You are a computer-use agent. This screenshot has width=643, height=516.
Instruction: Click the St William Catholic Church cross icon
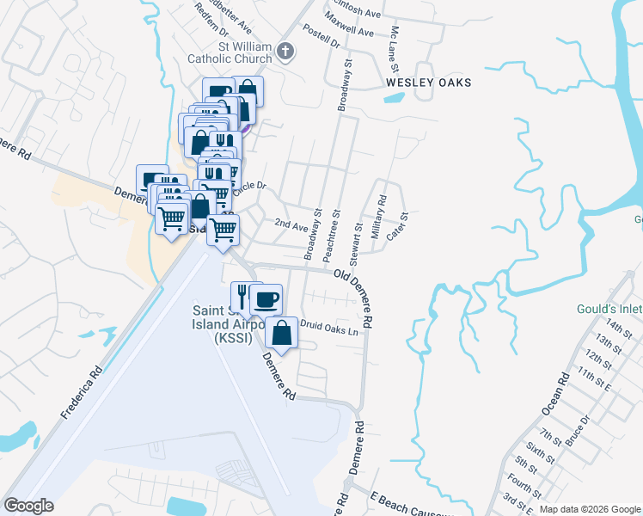coord(287,52)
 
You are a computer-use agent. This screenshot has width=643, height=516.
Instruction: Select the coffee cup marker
coord(267,299)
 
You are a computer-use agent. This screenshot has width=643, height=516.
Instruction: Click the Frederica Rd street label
coord(82,394)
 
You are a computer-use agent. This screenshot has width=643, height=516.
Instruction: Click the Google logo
coord(29,506)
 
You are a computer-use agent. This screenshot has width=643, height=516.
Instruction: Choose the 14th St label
coord(618,328)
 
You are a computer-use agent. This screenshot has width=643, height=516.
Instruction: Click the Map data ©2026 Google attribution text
coord(589,509)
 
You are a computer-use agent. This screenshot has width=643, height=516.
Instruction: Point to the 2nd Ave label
coord(291,224)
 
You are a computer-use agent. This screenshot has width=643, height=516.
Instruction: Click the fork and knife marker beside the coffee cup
coord(243,298)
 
